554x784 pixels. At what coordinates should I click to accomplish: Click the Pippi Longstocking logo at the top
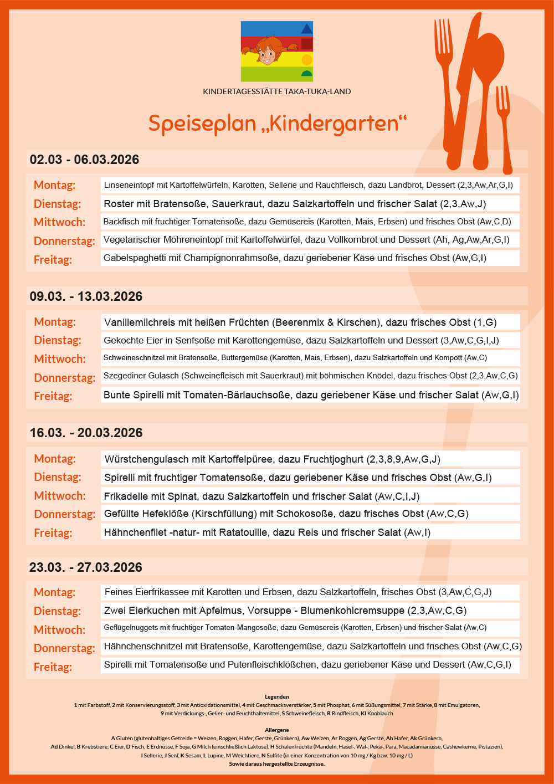[276, 52]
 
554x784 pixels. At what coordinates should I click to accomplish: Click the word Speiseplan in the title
[202, 123]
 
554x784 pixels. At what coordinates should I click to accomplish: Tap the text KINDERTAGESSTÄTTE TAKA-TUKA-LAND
[276, 91]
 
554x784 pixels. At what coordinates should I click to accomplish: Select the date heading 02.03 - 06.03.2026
[84, 160]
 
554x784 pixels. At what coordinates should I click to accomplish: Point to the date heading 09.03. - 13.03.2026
[86, 296]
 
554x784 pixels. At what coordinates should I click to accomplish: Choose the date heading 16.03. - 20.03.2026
[86, 433]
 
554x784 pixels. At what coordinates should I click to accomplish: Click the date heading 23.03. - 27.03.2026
[86, 567]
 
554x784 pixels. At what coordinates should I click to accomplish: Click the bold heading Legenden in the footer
[276, 696]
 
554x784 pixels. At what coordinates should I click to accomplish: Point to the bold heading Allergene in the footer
[276, 730]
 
